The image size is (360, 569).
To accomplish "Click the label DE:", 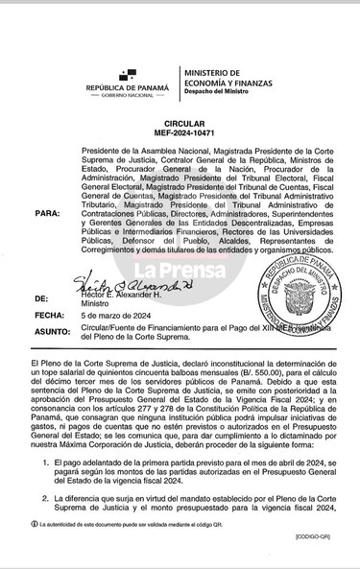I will (39, 299).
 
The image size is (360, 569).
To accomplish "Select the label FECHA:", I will (46, 315).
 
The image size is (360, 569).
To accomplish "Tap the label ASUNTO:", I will (49, 329).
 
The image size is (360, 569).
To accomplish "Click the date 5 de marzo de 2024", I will (117, 315).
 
